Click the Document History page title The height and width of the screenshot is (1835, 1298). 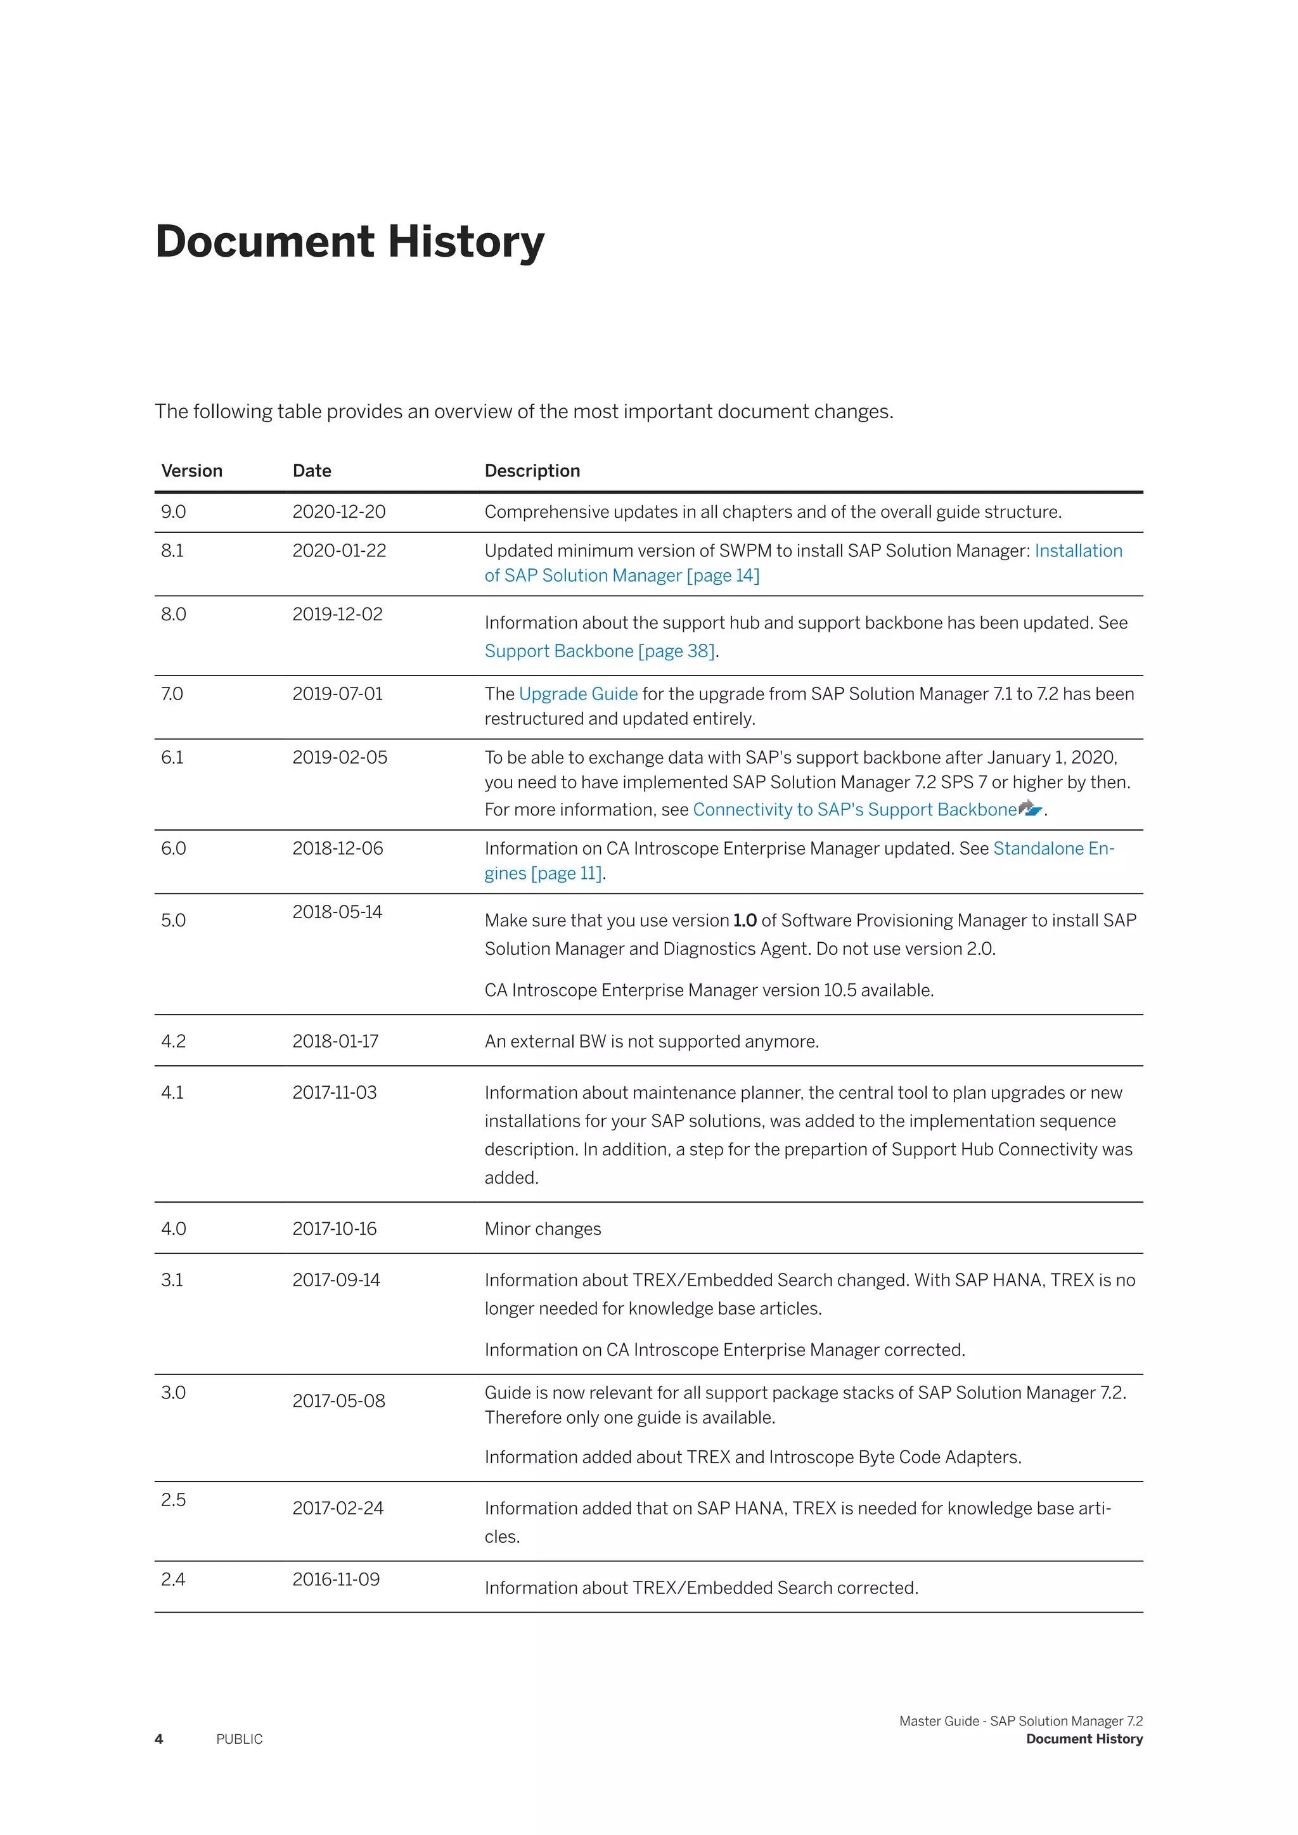click(349, 241)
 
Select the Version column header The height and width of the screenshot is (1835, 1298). click(192, 471)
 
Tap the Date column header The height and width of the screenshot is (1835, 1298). click(312, 471)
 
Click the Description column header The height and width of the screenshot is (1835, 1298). click(532, 471)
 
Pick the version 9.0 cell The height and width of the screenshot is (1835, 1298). click(174, 511)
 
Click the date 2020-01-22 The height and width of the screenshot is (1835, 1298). click(339, 551)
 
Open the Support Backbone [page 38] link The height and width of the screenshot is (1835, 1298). click(600, 651)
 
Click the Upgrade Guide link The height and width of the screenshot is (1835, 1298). click(578, 694)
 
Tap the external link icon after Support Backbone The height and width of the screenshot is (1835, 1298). click(1031, 808)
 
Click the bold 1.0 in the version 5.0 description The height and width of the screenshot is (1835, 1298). click(744, 920)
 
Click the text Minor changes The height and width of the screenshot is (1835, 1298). click(543, 1229)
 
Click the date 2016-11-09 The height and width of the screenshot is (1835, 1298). click(336, 1578)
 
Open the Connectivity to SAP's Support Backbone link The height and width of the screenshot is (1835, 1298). click(854, 810)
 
